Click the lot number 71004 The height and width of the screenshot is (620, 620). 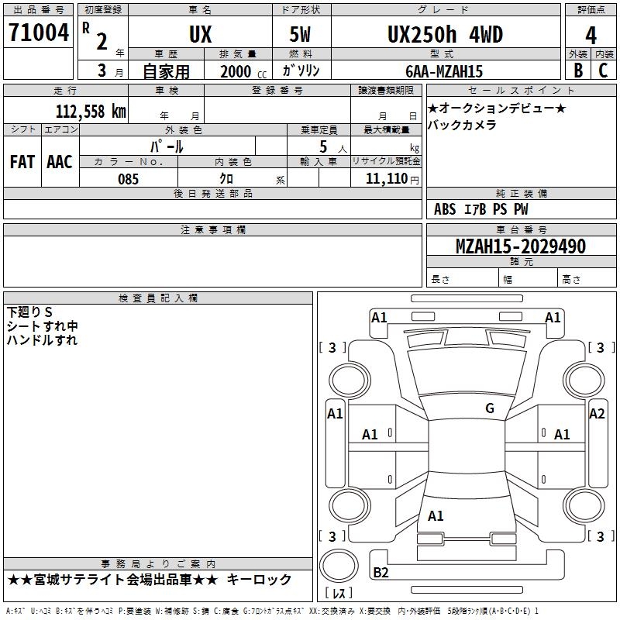[38, 33]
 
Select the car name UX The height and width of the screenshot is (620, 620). [200, 34]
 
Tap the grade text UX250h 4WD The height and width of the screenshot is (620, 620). [444, 34]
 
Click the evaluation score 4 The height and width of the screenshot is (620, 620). [591, 35]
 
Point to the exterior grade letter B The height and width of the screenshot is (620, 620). [578, 71]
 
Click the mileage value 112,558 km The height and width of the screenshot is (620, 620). [91, 111]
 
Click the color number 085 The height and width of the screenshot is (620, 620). [128, 179]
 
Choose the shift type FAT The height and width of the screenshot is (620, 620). [22, 161]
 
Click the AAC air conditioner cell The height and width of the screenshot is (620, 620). [59, 161]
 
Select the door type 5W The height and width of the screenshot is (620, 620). [301, 34]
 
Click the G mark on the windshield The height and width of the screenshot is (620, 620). [489, 408]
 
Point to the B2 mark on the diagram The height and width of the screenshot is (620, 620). [381, 573]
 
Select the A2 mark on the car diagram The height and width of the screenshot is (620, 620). [597, 413]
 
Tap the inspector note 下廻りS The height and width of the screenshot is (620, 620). [29, 312]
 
